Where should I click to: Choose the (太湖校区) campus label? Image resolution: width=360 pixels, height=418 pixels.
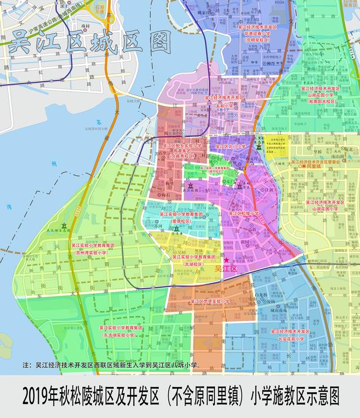coord(193,263)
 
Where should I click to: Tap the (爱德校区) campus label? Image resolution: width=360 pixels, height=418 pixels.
coord(180,222)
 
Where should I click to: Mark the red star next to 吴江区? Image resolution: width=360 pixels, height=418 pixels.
coord(227,260)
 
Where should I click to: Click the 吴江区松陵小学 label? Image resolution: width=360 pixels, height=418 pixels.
coord(243,214)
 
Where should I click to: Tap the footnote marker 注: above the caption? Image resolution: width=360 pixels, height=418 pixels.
coord(26,365)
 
